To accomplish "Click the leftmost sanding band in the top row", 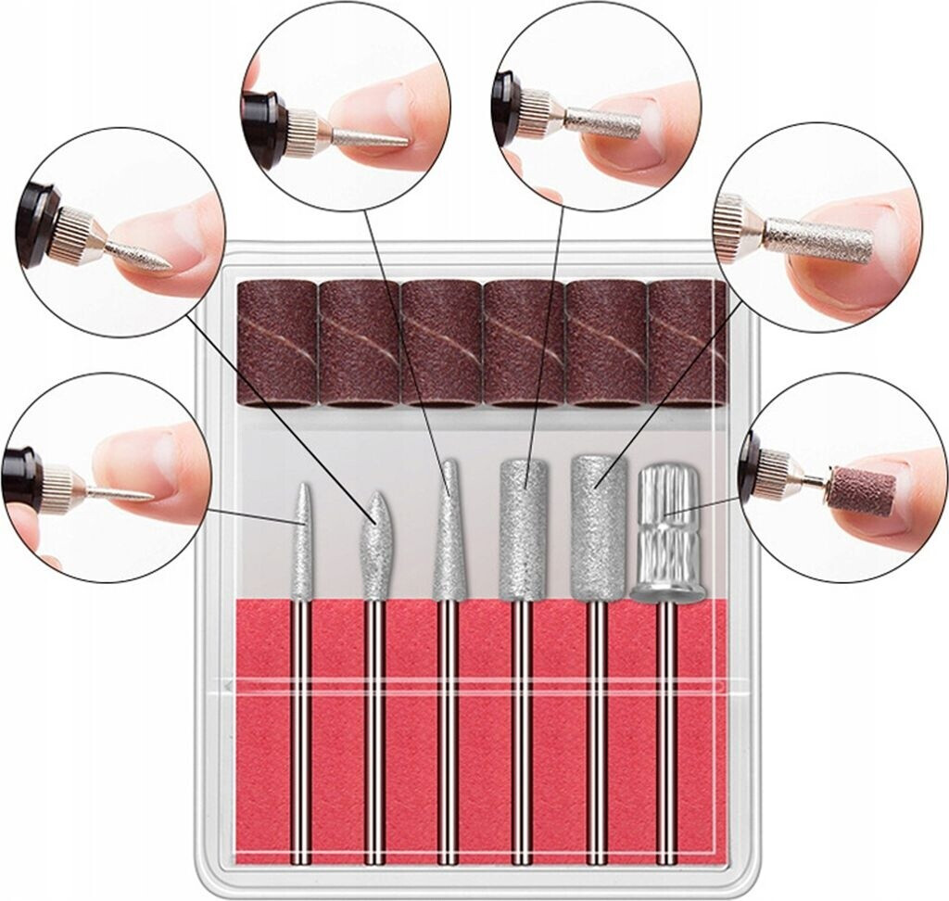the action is point(277,342).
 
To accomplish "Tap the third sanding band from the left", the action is point(440,342).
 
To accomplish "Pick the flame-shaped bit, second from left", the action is point(375,547).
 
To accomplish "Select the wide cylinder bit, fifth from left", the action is point(595,528).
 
